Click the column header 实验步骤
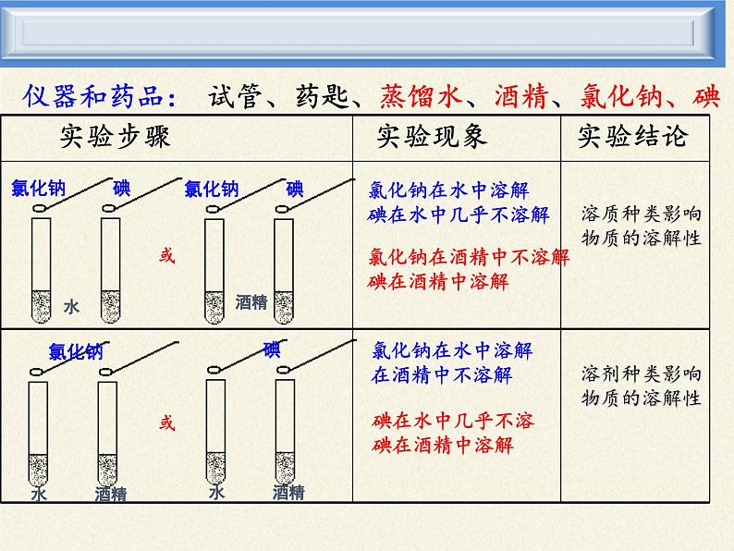[x=115, y=138]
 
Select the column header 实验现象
[x=432, y=138]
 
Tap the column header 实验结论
[x=633, y=138]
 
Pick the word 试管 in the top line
[x=237, y=96]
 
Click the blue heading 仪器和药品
[x=96, y=96]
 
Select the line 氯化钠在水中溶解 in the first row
[x=448, y=191]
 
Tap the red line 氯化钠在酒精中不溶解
[x=469, y=257]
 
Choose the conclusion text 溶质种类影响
[x=641, y=214]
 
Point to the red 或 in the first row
[x=166, y=256]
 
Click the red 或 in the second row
[x=166, y=422]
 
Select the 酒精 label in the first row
[x=251, y=302]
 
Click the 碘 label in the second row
[x=271, y=349]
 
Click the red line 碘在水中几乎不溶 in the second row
[x=453, y=422]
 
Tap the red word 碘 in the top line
[x=709, y=96]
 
